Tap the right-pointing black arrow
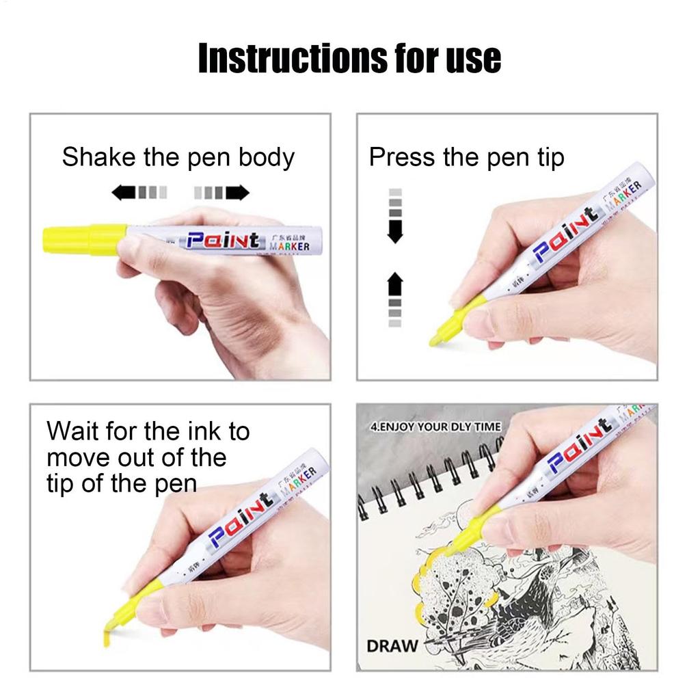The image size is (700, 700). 237,192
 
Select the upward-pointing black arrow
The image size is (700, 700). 395,283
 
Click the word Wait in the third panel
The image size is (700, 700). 71,432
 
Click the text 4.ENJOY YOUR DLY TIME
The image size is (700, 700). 435,427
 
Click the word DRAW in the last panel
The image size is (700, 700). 392,646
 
